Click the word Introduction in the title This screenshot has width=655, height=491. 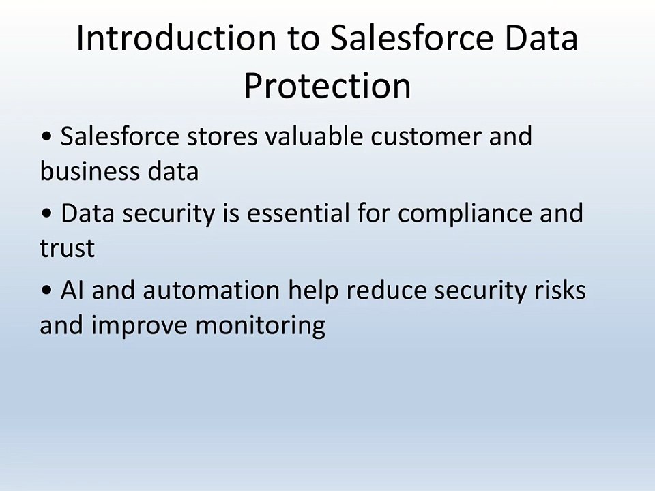(177, 38)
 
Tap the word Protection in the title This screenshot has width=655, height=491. (327, 86)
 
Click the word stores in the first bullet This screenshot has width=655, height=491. (222, 136)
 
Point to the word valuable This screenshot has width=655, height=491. (314, 136)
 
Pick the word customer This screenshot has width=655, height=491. (426, 136)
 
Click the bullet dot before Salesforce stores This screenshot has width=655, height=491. (47, 136)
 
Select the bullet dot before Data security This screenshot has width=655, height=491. (47, 213)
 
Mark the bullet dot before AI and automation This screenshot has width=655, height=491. (47, 290)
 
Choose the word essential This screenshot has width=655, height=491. (298, 213)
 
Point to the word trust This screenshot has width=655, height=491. (68, 248)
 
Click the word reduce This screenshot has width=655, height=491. (386, 290)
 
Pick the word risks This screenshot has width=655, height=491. (561, 290)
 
